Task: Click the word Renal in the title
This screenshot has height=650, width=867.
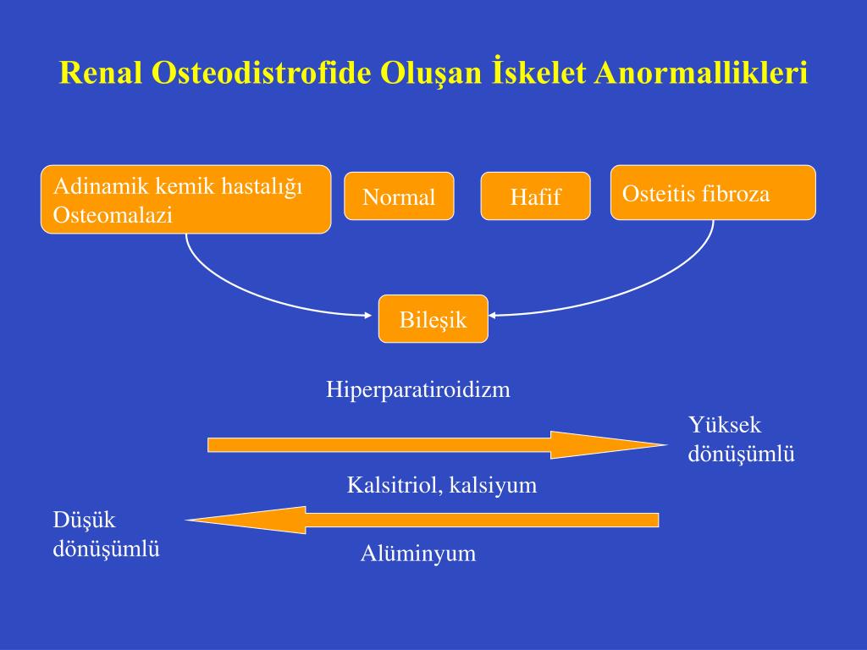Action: pos(101,73)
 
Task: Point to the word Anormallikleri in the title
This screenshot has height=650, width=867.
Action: pos(700,73)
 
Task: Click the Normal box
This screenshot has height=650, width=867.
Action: pos(400,196)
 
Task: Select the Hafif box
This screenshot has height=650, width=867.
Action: pos(535,196)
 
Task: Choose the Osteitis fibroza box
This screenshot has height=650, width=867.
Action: pos(713,192)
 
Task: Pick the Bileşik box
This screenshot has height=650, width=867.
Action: pos(433,319)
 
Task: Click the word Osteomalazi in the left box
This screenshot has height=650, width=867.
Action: pos(113,214)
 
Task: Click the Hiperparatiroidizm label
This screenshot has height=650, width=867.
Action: pos(418,389)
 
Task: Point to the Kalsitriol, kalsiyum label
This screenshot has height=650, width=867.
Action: pos(442,485)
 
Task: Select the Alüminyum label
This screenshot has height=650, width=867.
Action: pos(418,554)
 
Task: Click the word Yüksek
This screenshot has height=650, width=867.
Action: pos(725,425)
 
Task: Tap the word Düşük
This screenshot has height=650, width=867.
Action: pos(84,521)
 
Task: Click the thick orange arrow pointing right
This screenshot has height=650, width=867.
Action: pos(438,445)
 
